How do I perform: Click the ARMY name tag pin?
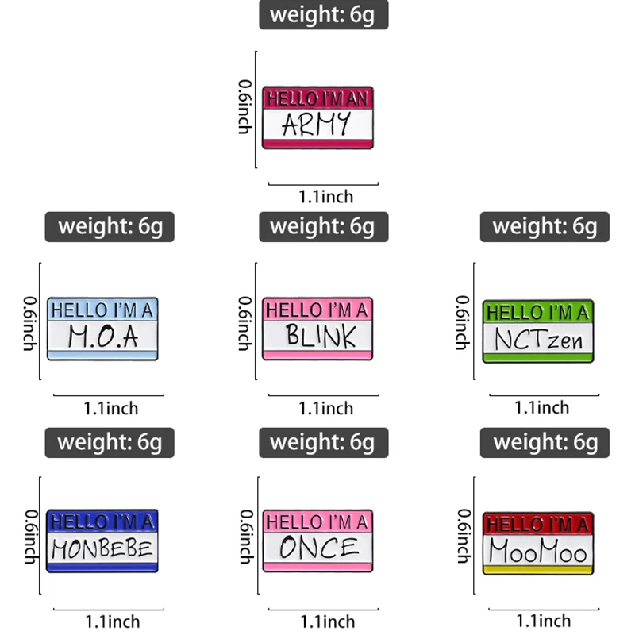click(x=317, y=117)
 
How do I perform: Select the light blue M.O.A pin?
click(x=102, y=329)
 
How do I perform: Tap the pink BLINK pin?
click(x=317, y=329)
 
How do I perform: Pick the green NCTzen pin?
click(x=538, y=332)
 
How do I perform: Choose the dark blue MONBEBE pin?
click(x=102, y=541)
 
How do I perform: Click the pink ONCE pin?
click(x=317, y=541)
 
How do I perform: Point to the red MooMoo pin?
click(x=538, y=543)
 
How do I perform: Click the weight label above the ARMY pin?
click(x=323, y=15)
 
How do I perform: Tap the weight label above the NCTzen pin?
click(x=545, y=227)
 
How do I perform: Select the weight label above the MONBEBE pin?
click(x=110, y=442)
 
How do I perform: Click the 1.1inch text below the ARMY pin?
click(x=325, y=196)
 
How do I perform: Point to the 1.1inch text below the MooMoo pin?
click(x=543, y=621)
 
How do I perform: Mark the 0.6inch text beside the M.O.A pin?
click(x=29, y=324)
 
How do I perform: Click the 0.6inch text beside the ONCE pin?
click(x=245, y=537)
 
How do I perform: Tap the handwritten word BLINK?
click(x=321, y=337)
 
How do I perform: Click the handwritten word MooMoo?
click(x=538, y=550)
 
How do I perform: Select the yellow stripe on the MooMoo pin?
click(x=538, y=569)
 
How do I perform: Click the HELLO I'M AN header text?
click(x=317, y=98)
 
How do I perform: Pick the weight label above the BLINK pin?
click(x=323, y=227)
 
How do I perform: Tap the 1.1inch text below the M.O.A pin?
click(x=110, y=409)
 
